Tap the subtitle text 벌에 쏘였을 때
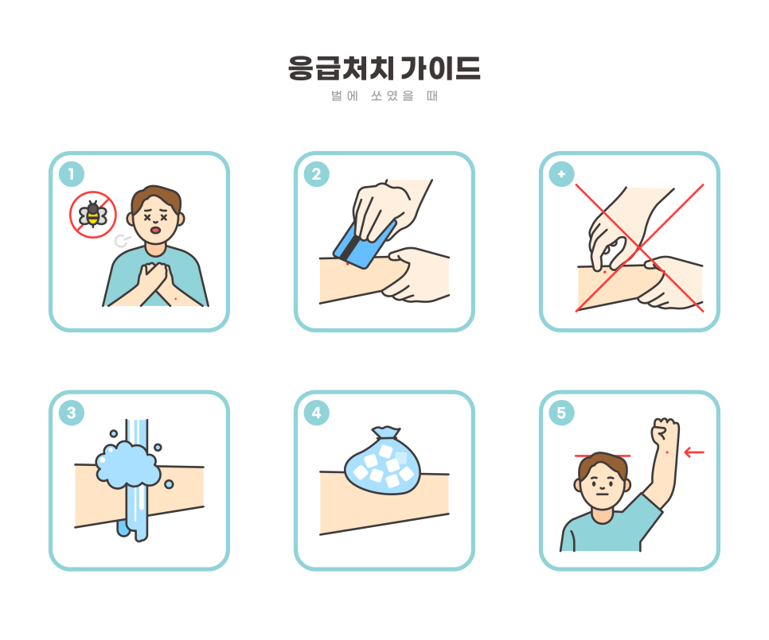click(384, 97)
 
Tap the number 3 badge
click(72, 413)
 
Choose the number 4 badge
click(317, 413)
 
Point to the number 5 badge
click(562, 413)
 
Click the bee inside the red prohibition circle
click(93, 214)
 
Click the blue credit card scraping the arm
click(364, 244)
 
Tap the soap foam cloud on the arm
click(126, 464)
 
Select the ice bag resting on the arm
click(381, 464)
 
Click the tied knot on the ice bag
click(386, 433)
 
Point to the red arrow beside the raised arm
click(694, 453)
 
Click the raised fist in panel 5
click(663, 432)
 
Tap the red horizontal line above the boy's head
click(603, 456)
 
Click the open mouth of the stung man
click(157, 230)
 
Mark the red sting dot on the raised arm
click(666, 452)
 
